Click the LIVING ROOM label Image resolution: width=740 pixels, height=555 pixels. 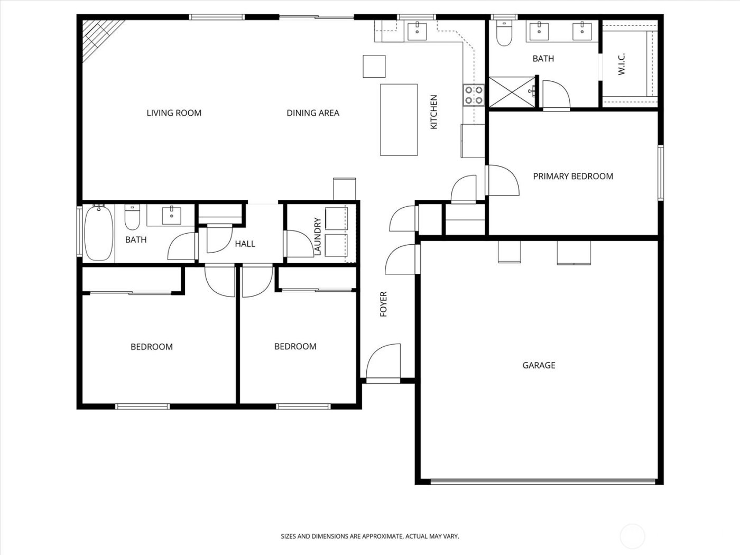coord(174,113)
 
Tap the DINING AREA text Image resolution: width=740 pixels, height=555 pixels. coord(313,113)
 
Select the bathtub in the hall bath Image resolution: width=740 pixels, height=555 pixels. coord(99,233)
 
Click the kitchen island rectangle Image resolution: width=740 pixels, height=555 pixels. coord(399,119)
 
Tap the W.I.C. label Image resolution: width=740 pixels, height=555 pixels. coord(622,63)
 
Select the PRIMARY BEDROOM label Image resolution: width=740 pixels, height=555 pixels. coord(573,176)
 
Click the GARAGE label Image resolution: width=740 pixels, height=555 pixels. coord(539,365)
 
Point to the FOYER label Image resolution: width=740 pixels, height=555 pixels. coord(384,304)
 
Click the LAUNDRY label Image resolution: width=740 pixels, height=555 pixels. coord(318,237)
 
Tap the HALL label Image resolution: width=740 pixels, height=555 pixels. coord(245,244)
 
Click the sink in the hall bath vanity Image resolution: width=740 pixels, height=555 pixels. coord(172,216)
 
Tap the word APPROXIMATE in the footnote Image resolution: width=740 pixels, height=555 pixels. coord(380,536)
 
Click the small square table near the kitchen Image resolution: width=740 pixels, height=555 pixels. coord(374,66)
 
